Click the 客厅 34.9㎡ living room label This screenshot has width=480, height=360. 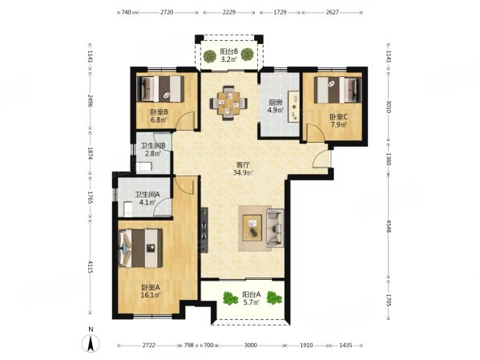tap(243, 168)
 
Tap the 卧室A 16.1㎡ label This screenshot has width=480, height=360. tap(150, 291)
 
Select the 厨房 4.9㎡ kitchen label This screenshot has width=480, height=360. tap(276, 106)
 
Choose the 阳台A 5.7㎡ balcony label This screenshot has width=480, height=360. tap(252, 298)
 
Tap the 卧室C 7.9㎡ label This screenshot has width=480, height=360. tap(337, 120)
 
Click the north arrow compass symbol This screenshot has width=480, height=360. tap(93, 342)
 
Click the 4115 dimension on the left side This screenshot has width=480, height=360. tap(91, 269)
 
